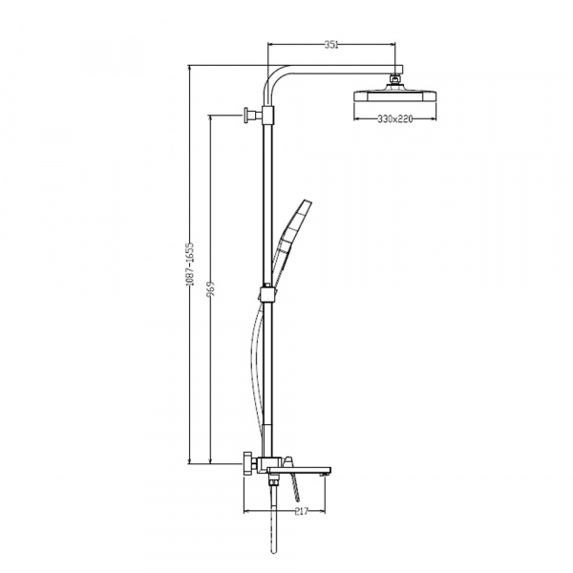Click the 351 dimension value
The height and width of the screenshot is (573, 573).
(x=331, y=45)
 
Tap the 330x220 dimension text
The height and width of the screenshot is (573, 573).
(x=395, y=118)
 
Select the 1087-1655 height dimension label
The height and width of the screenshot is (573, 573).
(x=190, y=264)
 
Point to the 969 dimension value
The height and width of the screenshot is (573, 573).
(x=211, y=290)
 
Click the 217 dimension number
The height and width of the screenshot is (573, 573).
(x=302, y=511)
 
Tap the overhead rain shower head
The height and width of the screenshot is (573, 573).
(x=395, y=95)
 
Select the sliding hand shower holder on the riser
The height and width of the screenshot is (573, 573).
(x=267, y=294)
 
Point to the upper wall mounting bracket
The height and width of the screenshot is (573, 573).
(x=253, y=115)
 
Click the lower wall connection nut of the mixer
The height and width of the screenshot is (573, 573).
(x=249, y=464)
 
